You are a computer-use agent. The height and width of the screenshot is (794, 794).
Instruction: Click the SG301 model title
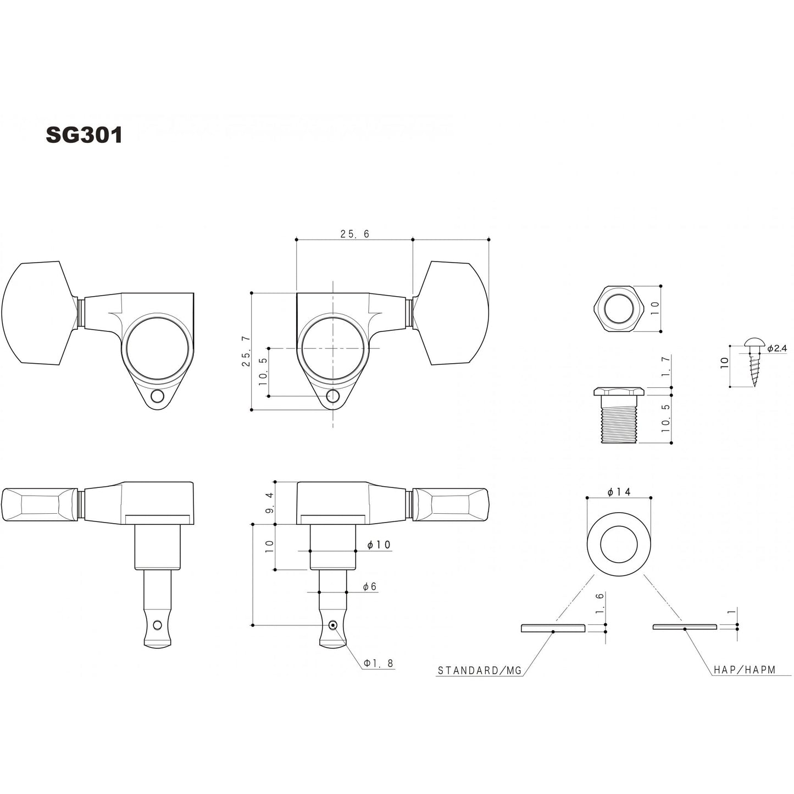[84, 135]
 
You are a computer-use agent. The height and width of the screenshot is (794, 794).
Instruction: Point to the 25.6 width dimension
[354, 234]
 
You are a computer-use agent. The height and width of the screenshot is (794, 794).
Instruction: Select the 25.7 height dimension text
[245, 351]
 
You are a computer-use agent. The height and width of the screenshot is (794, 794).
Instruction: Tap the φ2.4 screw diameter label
[777, 348]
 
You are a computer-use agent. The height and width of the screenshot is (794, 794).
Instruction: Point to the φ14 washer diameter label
[619, 492]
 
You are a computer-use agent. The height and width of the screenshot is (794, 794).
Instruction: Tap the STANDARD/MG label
[479, 670]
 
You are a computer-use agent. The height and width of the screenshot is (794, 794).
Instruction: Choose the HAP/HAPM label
[745, 670]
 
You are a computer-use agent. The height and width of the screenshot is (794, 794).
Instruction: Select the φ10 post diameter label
[379, 545]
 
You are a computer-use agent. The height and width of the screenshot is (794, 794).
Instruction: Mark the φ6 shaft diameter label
[370, 587]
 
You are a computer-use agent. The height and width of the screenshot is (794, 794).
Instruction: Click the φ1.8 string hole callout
[378, 663]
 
